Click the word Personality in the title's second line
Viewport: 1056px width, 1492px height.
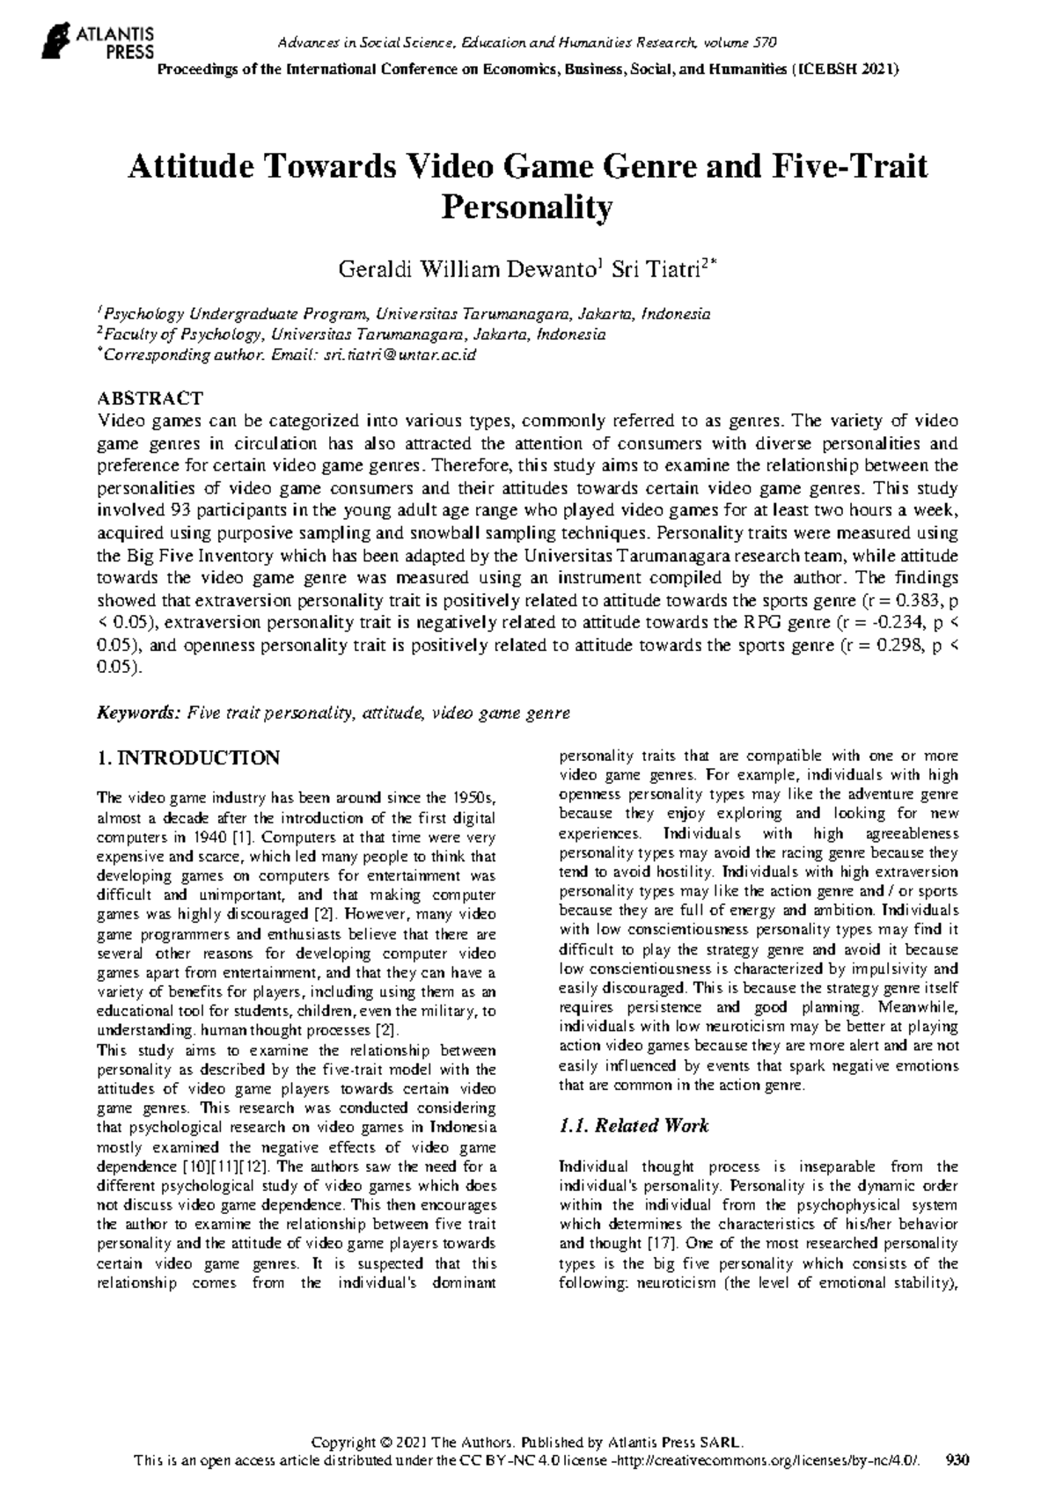pos(526,208)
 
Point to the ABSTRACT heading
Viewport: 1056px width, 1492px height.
pos(150,399)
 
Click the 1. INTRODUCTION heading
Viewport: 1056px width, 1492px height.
pos(188,757)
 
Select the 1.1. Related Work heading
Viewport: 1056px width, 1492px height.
pos(634,1125)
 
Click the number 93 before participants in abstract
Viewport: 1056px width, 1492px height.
pos(171,510)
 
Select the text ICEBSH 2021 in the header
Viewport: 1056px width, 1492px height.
pos(847,69)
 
